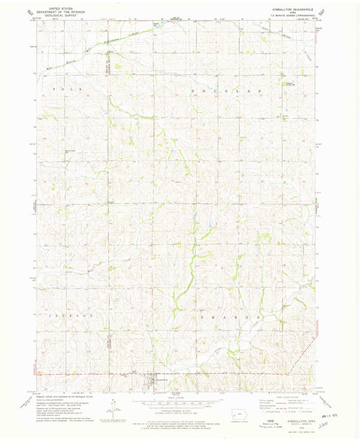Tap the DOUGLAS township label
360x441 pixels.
tap(223, 89)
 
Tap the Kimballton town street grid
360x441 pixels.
tap(155, 383)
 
